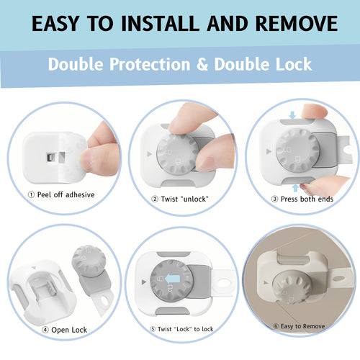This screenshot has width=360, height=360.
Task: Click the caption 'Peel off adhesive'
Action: tap(64, 194)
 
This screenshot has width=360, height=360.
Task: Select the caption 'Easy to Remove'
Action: tap(300, 325)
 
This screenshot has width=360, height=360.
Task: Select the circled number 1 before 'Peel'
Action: tap(31, 194)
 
